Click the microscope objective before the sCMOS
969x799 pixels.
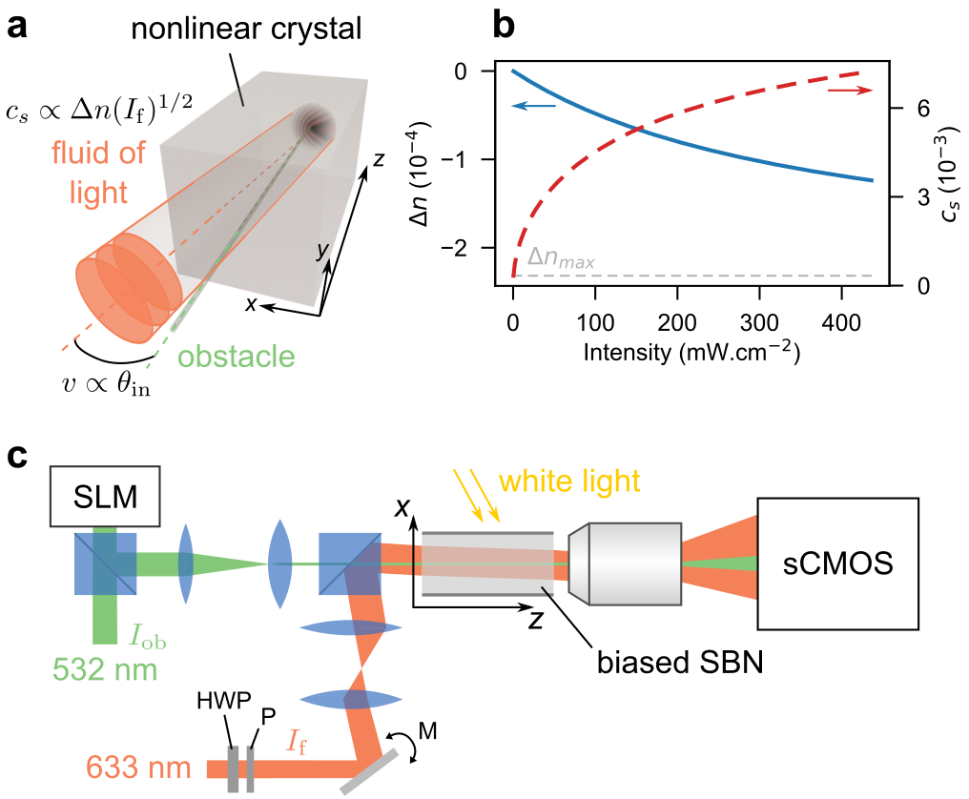pos(626,563)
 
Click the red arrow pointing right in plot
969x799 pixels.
pos(850,90)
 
